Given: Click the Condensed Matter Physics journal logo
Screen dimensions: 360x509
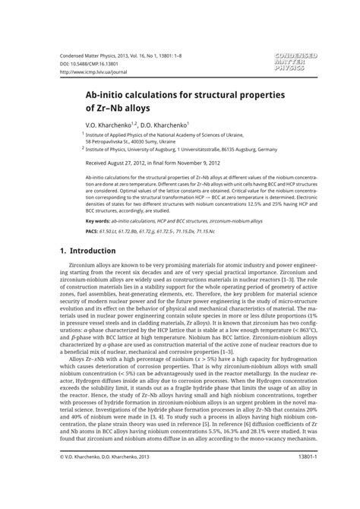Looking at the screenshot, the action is (x=297, y=62).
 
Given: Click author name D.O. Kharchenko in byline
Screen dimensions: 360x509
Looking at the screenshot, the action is (x=161, y=125).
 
